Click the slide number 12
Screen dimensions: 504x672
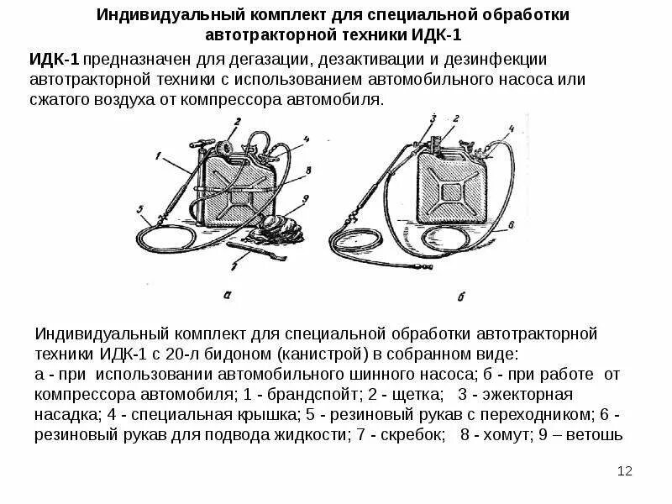coord(624,472)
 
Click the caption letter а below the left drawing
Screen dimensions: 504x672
coord(228,292)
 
